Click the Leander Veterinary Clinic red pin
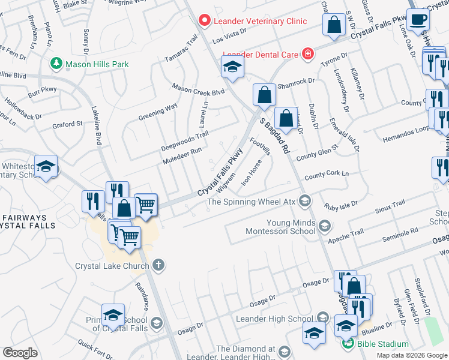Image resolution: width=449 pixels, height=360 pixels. click(205, 21)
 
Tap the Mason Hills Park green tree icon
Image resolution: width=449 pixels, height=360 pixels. click(56, 62)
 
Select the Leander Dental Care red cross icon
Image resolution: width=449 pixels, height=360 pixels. click(308, 54)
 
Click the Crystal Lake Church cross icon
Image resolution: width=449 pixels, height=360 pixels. click(158, 265)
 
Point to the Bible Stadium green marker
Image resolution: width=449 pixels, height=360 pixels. click(347, 344)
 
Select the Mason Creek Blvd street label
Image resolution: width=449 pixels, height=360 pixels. click(198, 89)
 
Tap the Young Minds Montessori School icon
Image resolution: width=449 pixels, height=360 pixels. click(325, 226)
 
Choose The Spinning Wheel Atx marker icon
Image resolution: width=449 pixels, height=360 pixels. click(305, 201)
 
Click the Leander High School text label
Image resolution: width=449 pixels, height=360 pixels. click(275, 318)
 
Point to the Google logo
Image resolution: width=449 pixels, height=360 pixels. click(20, 353)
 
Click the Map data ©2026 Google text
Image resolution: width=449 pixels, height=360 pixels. click(412, 355)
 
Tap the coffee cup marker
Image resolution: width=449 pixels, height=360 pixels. click(418, 19)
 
